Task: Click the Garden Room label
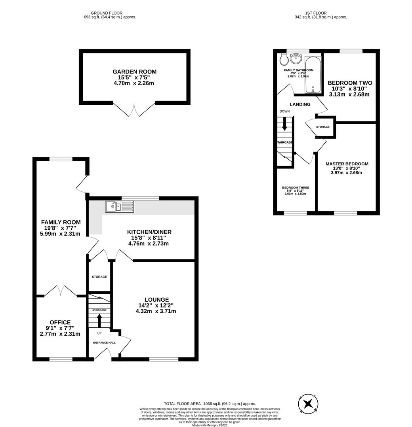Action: pyautogui.click(x=134, y=72)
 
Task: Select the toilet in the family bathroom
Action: pyautogui.click(x=284, y=59)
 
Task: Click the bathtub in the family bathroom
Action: pyautogui.click(x=313, y=74)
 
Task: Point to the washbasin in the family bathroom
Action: pyautogui.click(x=296, y=59)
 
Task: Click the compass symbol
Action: pyautogui.click(x=308, y=404)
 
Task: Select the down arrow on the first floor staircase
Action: pyautogui.click(x=284, y=126)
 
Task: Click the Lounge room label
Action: pyautogui.click(x=156, y=300)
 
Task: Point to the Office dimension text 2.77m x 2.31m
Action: pyautogui.click(x=60, y=334)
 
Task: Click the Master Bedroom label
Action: pyautogui.click(x=347, y=164)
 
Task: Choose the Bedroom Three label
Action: pyautogui.click(x=296, y=187)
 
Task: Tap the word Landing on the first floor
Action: pyautogui.click(x=300, y=104)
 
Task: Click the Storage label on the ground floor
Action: pyautogui.click(x=99, y=277)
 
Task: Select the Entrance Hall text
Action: pyautogui.click(x=104, y=342)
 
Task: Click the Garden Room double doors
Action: pyautogui.click(x=134, y=110)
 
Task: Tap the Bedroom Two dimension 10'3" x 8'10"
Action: pyautogui.click(x=350, y=89)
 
